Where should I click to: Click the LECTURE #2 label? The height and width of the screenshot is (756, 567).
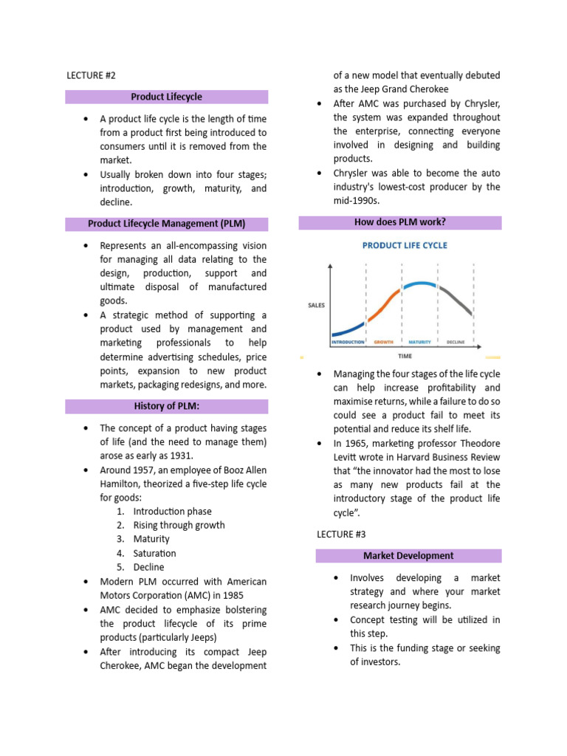92,75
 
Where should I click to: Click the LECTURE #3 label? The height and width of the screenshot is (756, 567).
341,533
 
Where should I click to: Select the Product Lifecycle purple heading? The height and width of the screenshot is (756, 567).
166,97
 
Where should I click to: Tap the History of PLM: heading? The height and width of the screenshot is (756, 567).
166,406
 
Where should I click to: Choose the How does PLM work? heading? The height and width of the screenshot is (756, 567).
400,222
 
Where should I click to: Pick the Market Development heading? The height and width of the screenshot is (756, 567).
408,555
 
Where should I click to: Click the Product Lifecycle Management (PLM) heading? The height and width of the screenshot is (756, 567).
166,224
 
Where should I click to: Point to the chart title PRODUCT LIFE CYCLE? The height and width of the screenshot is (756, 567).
404,246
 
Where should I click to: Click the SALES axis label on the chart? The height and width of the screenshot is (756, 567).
316,304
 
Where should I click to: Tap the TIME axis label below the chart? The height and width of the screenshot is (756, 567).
403,356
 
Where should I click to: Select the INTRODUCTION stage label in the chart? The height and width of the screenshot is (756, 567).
348,343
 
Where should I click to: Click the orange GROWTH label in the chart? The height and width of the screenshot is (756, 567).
383,343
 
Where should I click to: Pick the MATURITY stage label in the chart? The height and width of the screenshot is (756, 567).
419,343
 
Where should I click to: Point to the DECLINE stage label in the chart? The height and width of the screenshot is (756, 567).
456,343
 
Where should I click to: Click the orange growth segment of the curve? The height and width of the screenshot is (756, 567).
385,304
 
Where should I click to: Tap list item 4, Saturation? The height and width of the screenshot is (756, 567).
154,553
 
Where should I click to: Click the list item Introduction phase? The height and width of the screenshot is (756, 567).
172,511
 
